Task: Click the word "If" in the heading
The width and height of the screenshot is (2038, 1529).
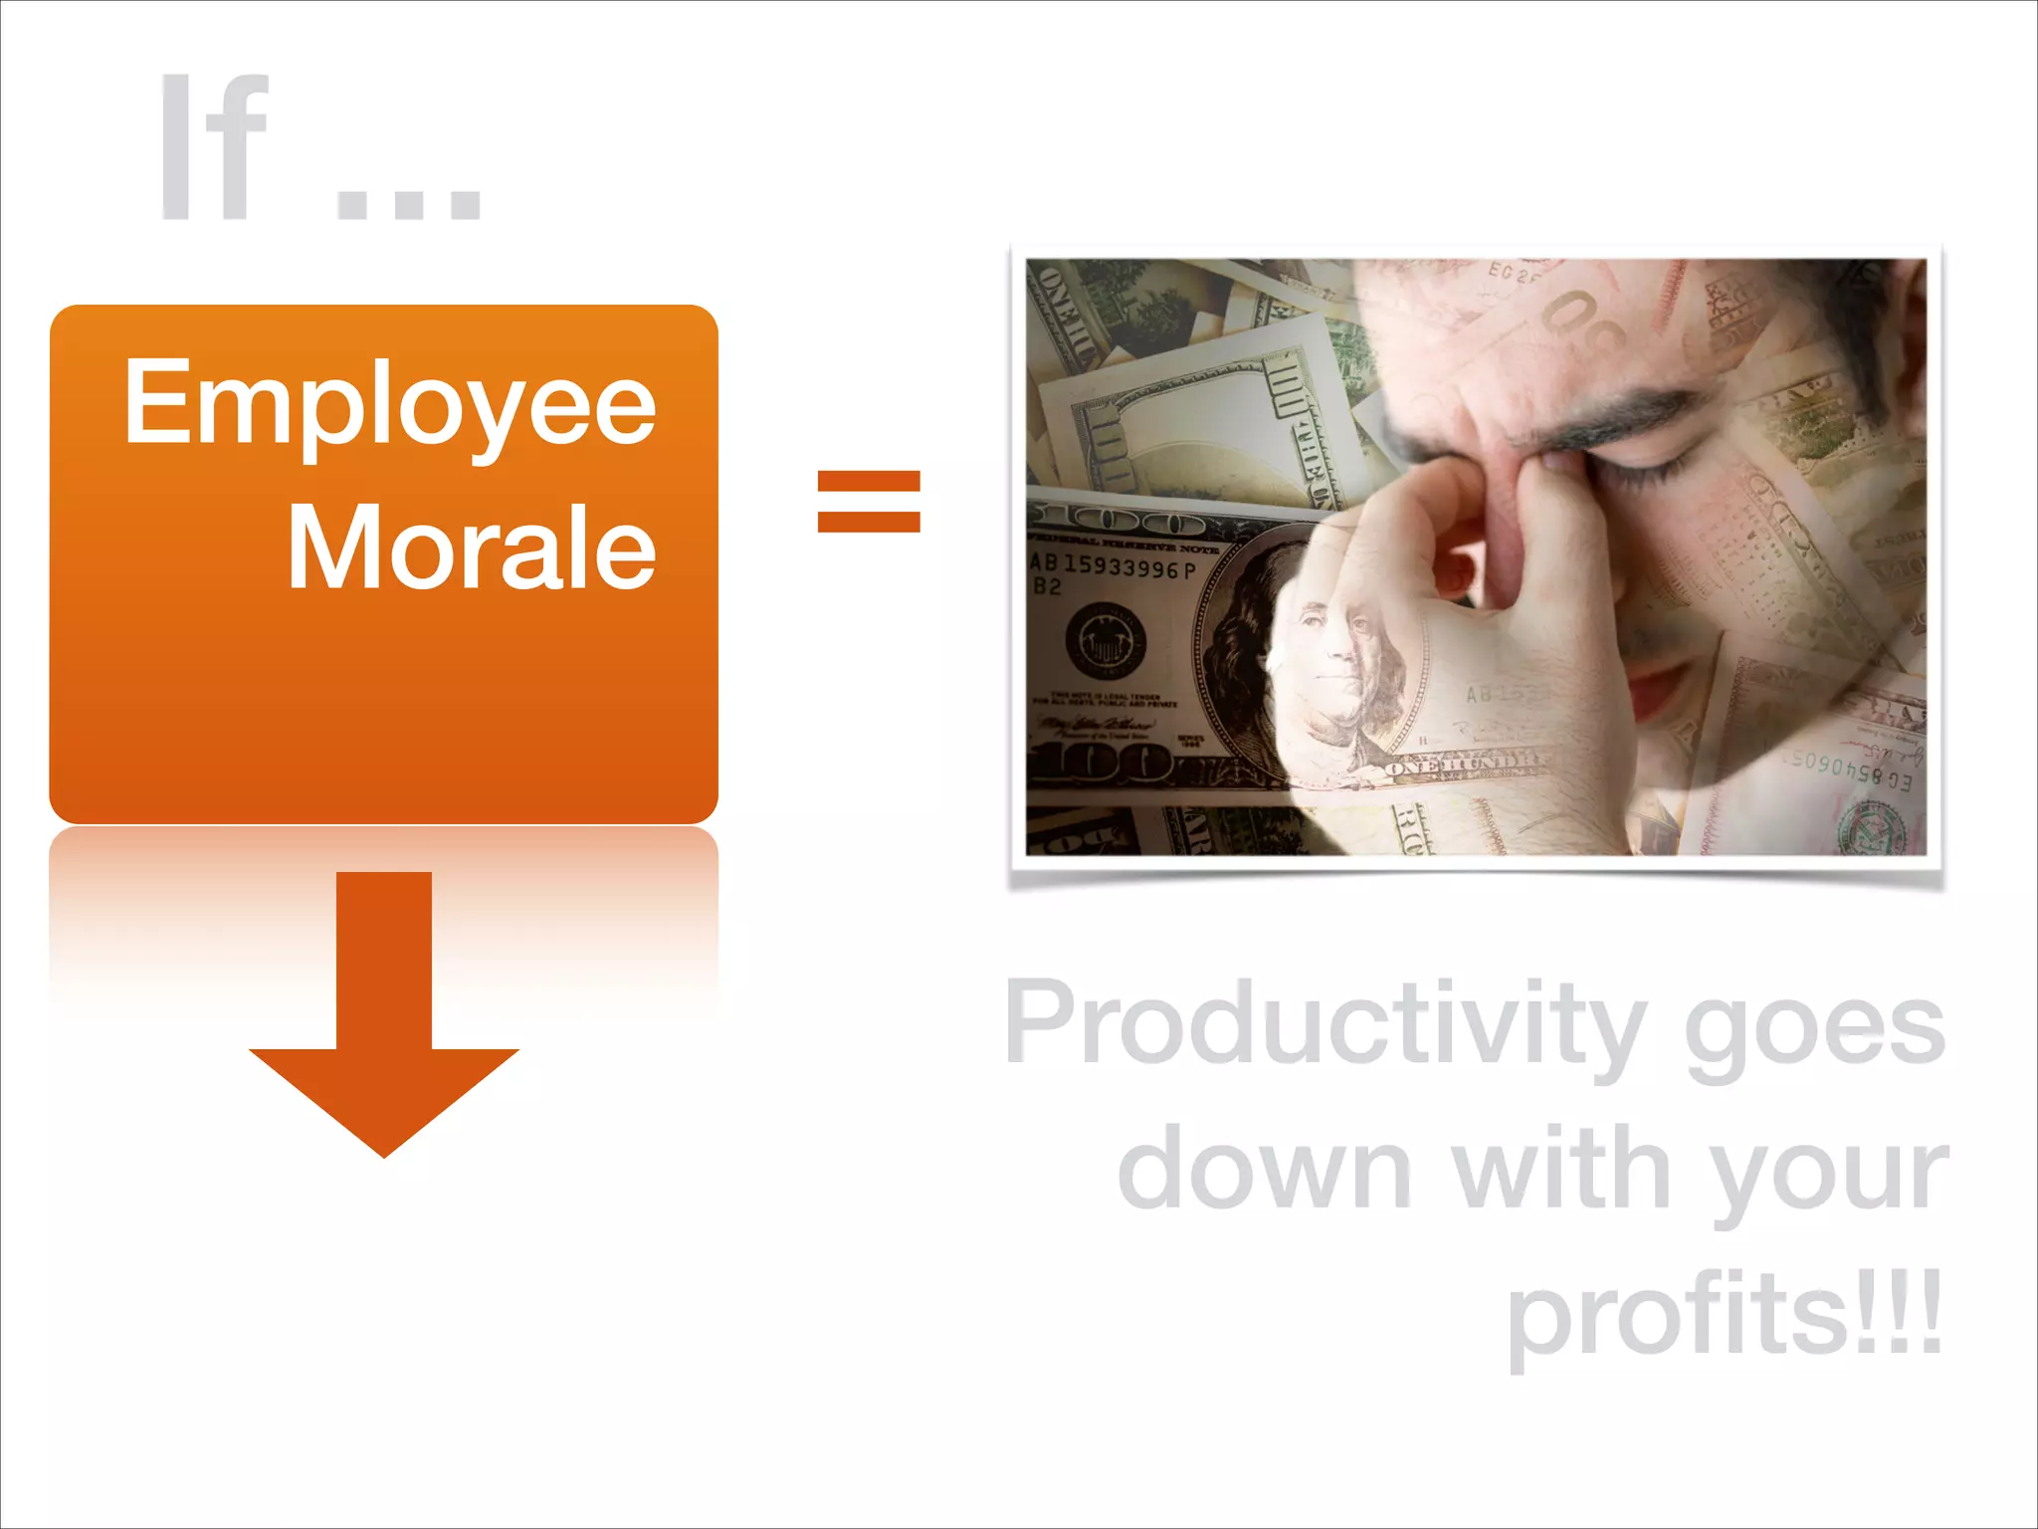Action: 214,147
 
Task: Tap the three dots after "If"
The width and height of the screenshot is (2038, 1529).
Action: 409,199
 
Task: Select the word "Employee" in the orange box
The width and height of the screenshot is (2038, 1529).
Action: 389,404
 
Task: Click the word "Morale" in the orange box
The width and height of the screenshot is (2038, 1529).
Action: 472,546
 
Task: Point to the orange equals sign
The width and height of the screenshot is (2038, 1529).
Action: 869,502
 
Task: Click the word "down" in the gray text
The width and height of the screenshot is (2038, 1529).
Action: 1264,1171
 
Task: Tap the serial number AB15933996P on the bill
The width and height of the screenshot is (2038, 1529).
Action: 1113,566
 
